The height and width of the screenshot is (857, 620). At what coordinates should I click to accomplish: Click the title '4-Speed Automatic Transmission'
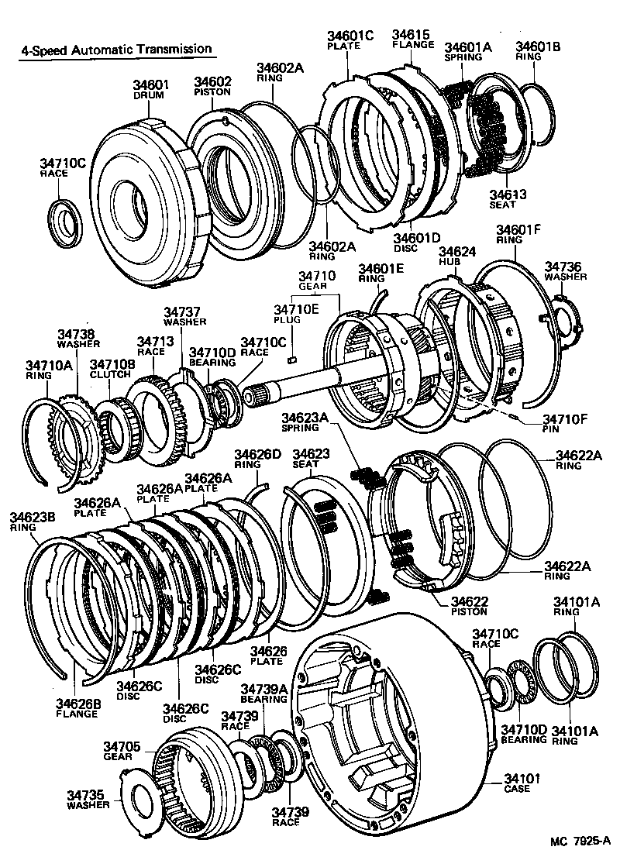click(113, 49)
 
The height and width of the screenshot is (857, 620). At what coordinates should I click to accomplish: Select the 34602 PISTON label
click(212, 86)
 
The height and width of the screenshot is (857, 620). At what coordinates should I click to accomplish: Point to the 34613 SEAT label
click(508, 199)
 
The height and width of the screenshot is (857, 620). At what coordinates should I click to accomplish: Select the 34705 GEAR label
click(122, 752)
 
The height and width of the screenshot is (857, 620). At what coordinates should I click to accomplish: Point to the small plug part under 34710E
click(292, 358)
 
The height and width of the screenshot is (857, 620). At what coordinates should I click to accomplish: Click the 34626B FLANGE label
click(77, 708)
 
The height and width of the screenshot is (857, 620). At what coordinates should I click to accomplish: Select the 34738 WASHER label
click(77, 339)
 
